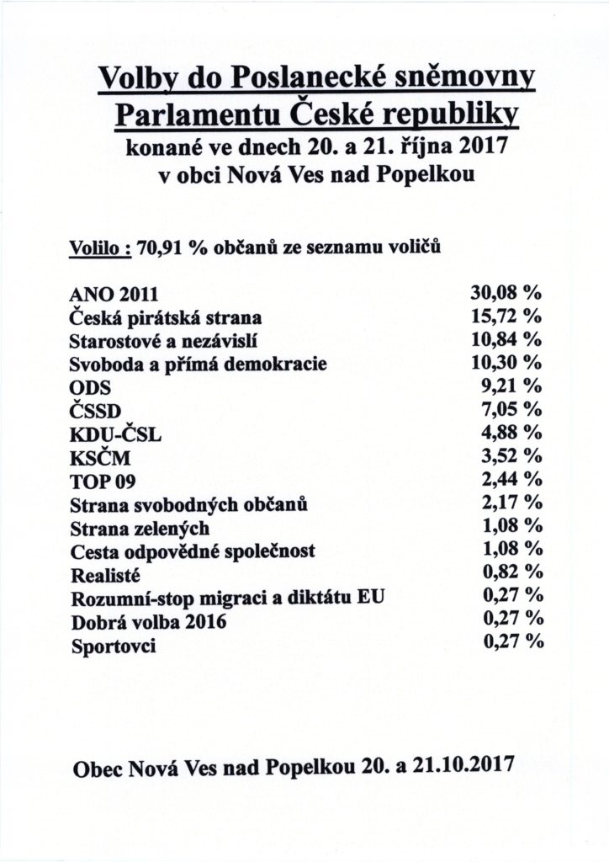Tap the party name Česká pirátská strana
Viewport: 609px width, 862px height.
(165, 318)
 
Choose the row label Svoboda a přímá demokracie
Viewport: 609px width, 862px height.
(196, 365)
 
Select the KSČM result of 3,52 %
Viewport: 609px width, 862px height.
(508, 456)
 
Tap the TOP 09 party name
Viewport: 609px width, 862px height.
(98, 482)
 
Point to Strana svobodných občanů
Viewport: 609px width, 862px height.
(186, 505)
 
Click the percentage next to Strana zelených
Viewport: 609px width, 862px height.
(508, 526)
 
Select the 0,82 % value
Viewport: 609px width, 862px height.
(508, 573)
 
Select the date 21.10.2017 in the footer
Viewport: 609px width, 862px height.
(463, 767)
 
